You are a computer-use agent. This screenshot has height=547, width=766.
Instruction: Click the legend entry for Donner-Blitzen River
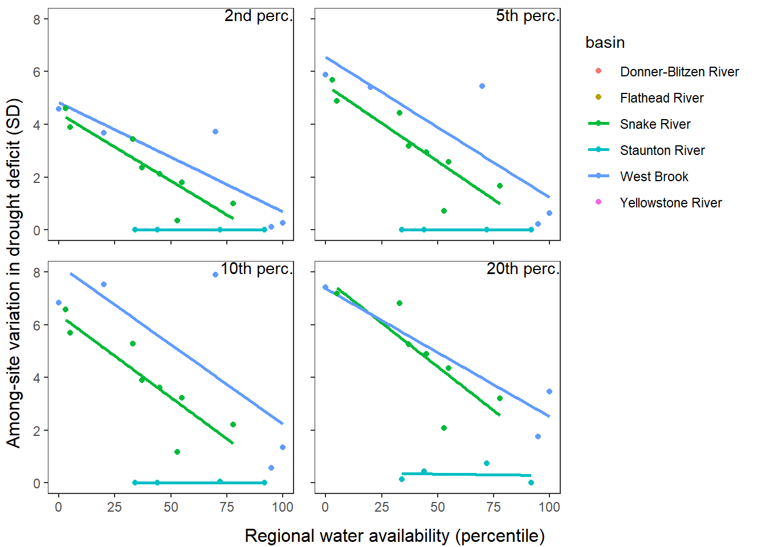(x=679, y=72)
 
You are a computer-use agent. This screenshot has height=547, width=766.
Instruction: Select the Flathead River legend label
(x=661, y=98)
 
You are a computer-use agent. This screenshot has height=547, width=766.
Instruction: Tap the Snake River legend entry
(x=655, y=124)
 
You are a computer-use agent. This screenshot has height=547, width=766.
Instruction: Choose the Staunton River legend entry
(x=662, y=150)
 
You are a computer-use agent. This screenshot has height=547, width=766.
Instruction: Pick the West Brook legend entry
(x=654, y=177)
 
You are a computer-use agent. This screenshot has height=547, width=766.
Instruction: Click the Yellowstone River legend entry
(x=670, y=203)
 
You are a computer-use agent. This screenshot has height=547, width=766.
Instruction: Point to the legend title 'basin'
(x=605, y=43)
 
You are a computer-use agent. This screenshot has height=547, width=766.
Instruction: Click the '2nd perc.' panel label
(x=258, y=16)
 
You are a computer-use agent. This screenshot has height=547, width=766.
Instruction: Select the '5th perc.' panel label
(x=527, y=16)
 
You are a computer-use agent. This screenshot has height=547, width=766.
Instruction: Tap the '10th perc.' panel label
(x=256, y=268)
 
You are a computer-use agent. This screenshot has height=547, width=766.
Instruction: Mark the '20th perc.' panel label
(x=523, y=268)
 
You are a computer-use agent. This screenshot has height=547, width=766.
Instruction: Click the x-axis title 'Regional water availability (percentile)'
(x=394, y=536)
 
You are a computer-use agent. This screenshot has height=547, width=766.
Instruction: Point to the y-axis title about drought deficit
(x=14, y=273)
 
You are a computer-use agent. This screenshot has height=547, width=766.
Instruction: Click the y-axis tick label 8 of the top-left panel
(x=37, y=19)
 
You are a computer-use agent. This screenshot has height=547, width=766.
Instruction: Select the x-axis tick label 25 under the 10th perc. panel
(x=115, y=507)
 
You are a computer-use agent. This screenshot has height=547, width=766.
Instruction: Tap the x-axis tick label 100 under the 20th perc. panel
(x=549, y=507)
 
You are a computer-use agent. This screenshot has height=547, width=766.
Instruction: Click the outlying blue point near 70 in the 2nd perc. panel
(x=215, y=132)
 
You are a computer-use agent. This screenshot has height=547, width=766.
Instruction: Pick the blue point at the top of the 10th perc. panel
(x=215, y=275)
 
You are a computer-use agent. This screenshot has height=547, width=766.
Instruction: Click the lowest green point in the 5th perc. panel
(x=444, y=211)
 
